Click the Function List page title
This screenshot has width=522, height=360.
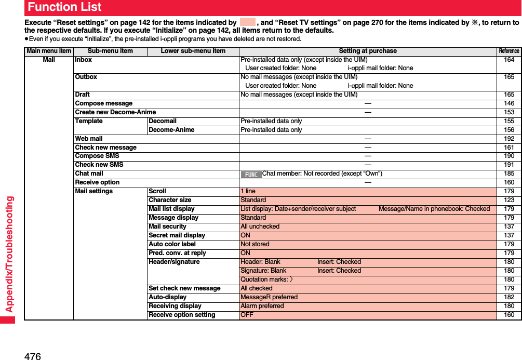[x=64, y=7]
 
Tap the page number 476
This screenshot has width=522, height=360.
[x=32, y=355]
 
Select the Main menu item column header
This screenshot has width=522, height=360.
[x=49, y=51]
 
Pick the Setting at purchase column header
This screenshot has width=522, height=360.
[x=367, y=51]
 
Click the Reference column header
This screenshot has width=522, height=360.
[x=508, y=51]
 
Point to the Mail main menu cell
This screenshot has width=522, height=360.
[x=49, y=60]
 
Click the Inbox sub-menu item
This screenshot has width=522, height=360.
[x=84, y=60]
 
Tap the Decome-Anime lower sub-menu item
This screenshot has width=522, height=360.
[x=171, y=130]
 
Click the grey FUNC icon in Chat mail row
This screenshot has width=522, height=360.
[x=251, y=174]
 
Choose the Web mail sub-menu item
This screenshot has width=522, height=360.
[x=89, y=139]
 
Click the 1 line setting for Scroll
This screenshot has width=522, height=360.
[x=248, y=191]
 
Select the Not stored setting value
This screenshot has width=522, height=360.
[x=255, y=244]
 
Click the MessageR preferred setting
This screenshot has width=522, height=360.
[x=269, y=297]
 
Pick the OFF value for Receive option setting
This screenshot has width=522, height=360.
[x=247, y=315]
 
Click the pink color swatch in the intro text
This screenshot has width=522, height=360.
[x=248, y=22]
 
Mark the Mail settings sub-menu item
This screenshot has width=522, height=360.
[x=94, y=191]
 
